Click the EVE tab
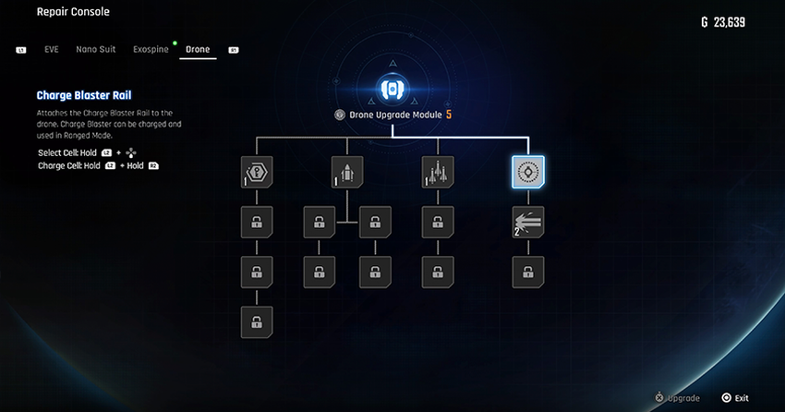[52, 49]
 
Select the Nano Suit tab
[95, 49]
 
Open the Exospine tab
[151, 49]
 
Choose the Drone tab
[198, 49]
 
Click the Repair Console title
[73, 13]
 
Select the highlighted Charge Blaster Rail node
[528, 171]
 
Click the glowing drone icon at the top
[392, 89]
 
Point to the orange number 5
[449, 115]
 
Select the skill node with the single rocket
[346, 171]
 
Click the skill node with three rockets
[438, 171]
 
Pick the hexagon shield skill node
[256, 171]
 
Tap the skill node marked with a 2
[528, 222]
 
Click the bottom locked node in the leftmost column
[256, 322]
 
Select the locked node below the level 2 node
[528, 273]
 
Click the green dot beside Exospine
[175, 42]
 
